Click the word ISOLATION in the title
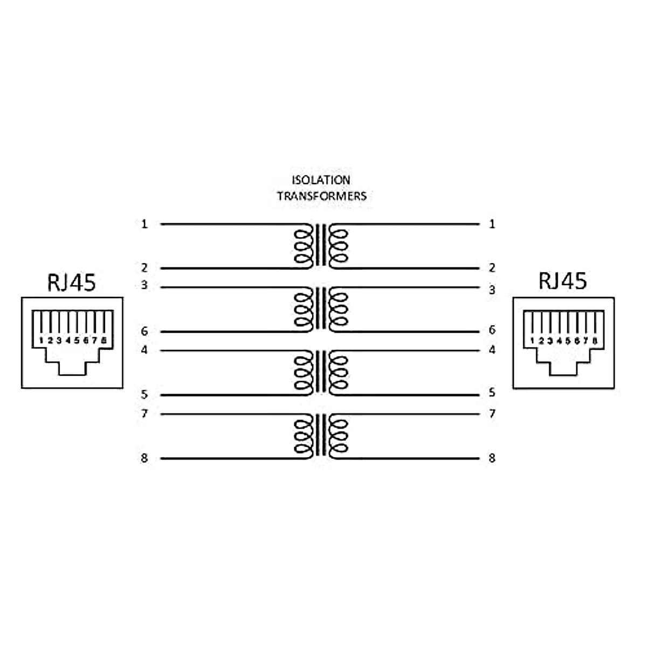pos(321,180)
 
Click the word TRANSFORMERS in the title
pos(322,196)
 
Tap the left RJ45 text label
pos(71,282)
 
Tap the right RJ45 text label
pos(562,280)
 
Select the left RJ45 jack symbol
pos(72,342)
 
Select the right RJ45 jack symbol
pos(563,342)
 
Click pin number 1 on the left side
pos(144,224)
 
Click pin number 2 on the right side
pos(492,268)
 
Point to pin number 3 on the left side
pos(144,285)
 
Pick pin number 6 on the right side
pos(492,330)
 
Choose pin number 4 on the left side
pos(144,350)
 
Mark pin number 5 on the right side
pos(492,393)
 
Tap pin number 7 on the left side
pos(144,414)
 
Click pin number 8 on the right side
pos(492,458)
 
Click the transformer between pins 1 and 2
pos(321,246)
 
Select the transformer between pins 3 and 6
pos(321,308)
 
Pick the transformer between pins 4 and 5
pos(321,373)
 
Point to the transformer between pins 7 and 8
pos(321,436)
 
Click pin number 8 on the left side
pos(144,458)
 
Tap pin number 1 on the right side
pos(492,224)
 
